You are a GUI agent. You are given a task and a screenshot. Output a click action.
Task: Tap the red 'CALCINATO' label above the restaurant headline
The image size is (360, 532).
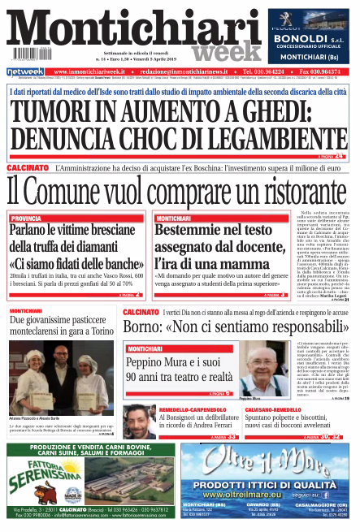click(x=27, y=167)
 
